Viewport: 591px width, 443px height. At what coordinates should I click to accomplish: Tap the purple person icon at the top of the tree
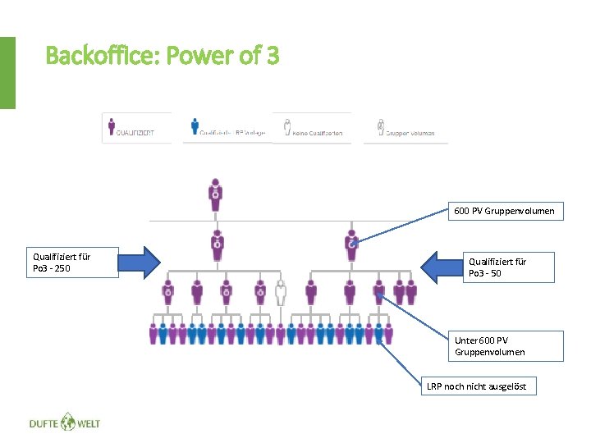point(215,194)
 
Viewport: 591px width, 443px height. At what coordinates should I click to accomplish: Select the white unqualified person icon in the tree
point(281,293)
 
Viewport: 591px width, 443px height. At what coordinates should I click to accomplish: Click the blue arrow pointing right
point(140,262)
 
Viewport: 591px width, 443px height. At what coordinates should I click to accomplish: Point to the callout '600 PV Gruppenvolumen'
point(504,211)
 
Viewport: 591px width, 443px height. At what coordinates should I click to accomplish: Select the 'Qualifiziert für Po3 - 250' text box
point(72,263)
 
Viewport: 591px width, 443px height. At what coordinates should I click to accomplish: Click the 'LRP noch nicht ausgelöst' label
point(480,386)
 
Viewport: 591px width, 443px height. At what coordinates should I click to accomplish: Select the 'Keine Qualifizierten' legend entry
point(312,129)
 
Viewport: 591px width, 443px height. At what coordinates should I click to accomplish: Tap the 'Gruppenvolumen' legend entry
point(406,129)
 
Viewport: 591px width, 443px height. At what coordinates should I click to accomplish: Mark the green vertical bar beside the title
point(7,72)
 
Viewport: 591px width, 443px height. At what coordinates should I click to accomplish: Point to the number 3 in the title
point(272,57)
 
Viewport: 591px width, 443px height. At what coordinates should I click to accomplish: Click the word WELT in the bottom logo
point(89,423)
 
